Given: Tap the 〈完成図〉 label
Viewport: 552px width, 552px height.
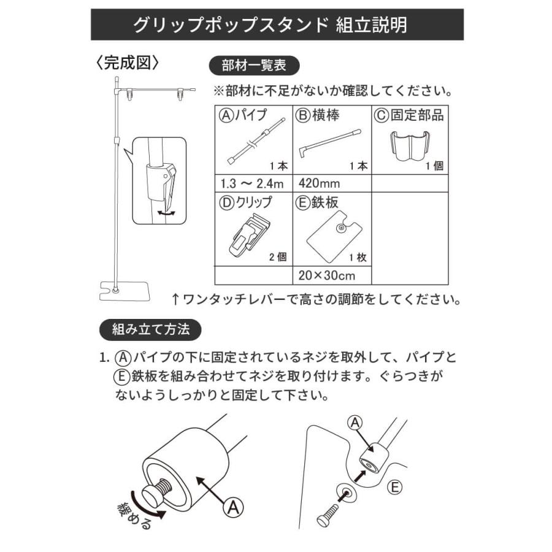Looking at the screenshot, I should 128,63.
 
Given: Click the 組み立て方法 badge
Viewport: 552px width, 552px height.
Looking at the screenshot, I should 150,329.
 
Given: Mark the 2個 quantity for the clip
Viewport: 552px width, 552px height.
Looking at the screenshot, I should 278,257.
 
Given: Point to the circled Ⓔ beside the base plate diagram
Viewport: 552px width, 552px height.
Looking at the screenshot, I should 396,488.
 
